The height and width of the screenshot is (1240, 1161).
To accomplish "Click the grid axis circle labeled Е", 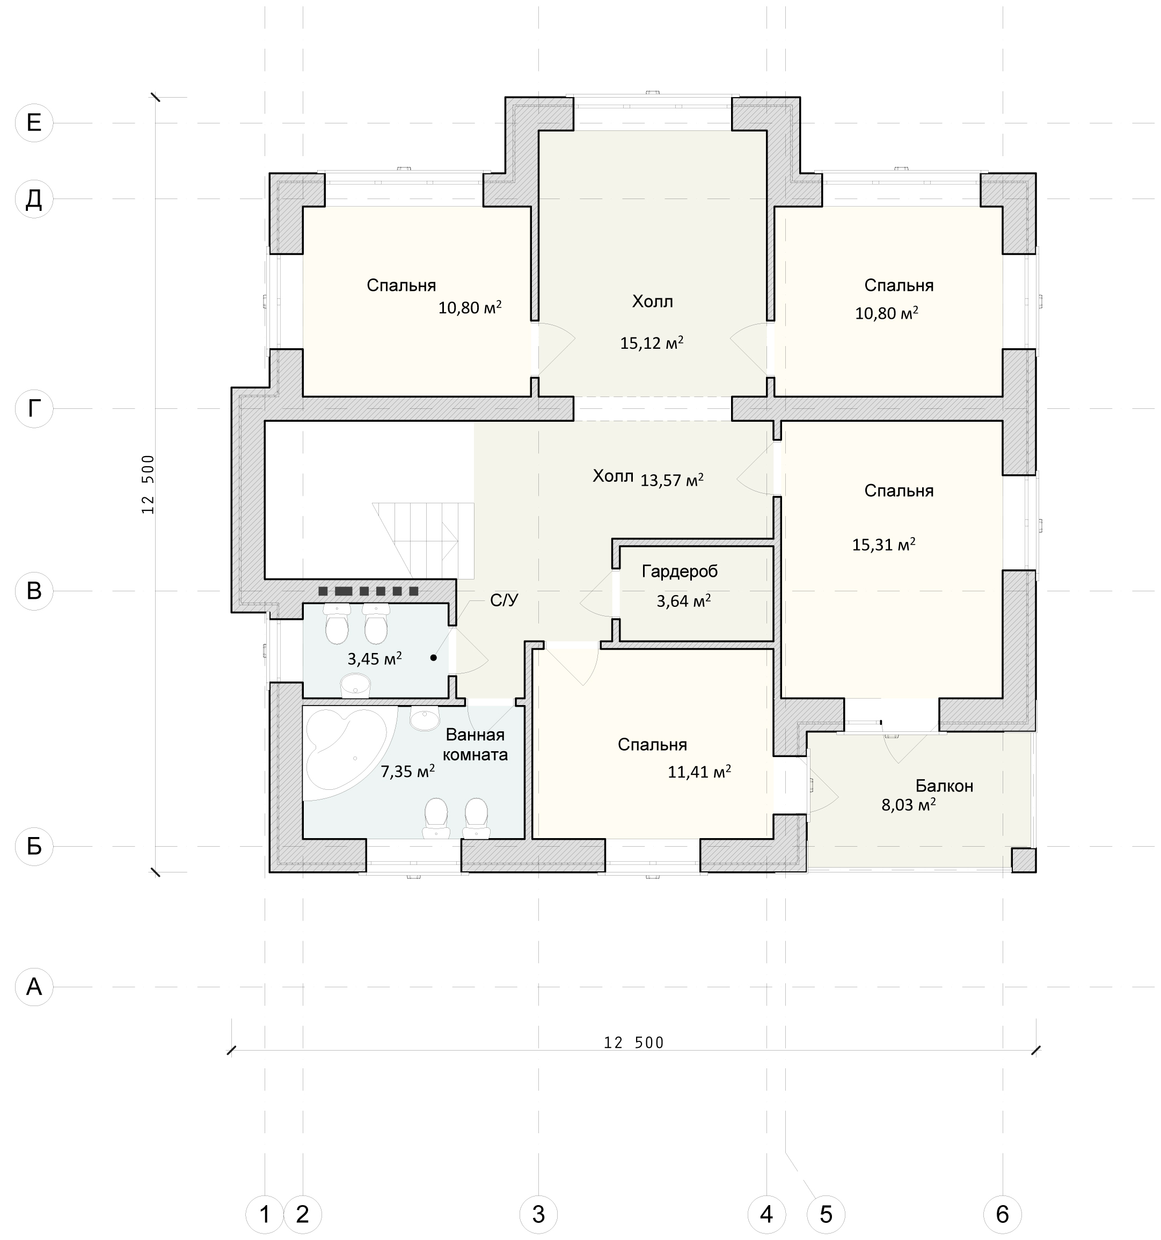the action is [x=34, y=123].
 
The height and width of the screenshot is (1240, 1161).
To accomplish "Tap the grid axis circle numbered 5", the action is [x=826, y=1214].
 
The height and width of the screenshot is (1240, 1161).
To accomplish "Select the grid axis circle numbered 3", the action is [x=538, y=1214].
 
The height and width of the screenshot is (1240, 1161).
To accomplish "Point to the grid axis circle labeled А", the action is [x=34, y=987].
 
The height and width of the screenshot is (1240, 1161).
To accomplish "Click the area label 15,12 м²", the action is [x=651, y=342].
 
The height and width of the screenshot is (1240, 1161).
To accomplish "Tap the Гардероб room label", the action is [x=680, y=571].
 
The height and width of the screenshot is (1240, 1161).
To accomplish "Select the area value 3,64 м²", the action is [x=683, y=600].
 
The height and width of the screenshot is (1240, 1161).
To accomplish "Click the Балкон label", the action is [x=944, y=786].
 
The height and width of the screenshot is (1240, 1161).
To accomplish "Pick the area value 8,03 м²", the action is [x=908, y=805].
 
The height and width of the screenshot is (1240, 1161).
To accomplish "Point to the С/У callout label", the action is [x=504, y=600].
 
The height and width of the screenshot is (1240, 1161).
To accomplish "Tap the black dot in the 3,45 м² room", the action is [x=433, y=657].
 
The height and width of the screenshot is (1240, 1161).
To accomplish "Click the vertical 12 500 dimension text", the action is [x=148, y=484].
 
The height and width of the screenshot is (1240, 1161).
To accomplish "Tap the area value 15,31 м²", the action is [x=883, y=545].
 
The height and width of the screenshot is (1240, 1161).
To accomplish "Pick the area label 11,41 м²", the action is [x=699, y=772].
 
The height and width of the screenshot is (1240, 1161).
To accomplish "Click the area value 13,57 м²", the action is [x=672, y=480].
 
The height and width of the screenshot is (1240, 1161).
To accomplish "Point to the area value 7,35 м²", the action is [x=407, y=772].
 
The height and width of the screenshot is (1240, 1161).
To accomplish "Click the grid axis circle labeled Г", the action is [x=34, y=408].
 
